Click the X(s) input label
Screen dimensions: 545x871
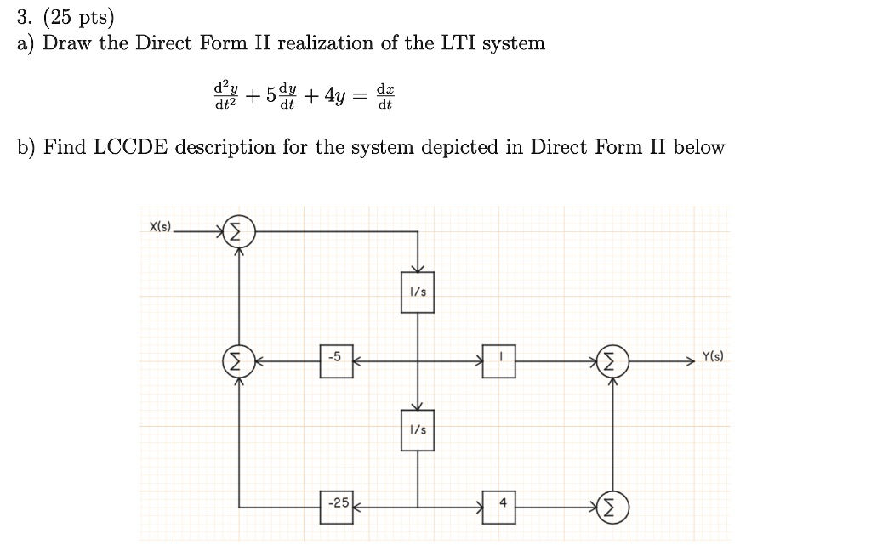click(160, 227)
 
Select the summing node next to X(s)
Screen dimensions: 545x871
click(239, 230)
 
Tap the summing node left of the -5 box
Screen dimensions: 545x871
click(238, 361)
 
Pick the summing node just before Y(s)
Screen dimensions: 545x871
click(611, 361)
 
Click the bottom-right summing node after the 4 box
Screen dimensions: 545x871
click(611, 508)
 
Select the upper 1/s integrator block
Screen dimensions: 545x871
click(418, 292)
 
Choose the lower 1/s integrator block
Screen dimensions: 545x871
click(418, 431)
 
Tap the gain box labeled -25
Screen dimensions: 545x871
click(338, 503)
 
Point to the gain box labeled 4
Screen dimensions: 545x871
click(500, 503)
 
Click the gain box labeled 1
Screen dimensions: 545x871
click(500, 359)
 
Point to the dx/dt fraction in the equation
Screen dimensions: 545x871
click(385, 95)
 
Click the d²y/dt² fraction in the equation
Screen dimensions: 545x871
click(225, 95)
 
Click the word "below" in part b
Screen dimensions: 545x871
click(699, 148)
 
